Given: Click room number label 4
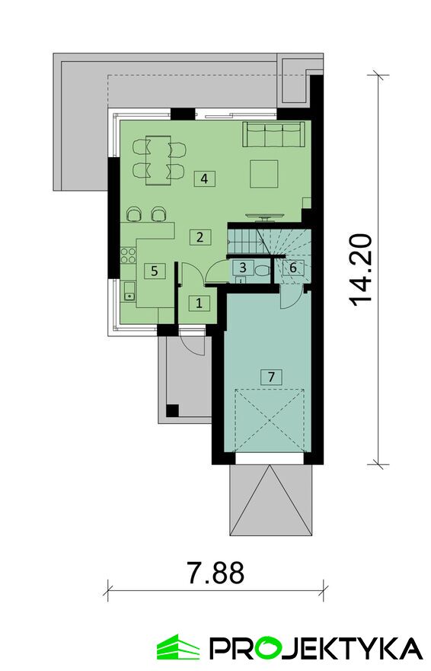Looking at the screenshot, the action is [x=204, y=178].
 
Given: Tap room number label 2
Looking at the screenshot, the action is [x=200, y=236].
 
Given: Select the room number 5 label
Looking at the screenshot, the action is [x=155, y=271].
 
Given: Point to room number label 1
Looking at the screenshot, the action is [x=199, y=303].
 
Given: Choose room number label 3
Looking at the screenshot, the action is [x=243, y=268].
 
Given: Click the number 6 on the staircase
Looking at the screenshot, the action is [x=293, y=268].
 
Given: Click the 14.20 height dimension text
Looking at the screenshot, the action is [x=359, y=271].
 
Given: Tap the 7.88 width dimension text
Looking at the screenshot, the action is [x=215, y=573].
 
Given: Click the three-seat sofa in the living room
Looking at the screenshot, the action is [x=274, y=134].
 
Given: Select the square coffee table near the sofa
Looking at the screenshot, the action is [x=264, y=174].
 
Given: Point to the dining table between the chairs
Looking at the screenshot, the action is [x=158, y=160].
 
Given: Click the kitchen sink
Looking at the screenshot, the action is [x=129, y=291].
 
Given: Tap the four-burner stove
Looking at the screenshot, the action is [x=128, y=255].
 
